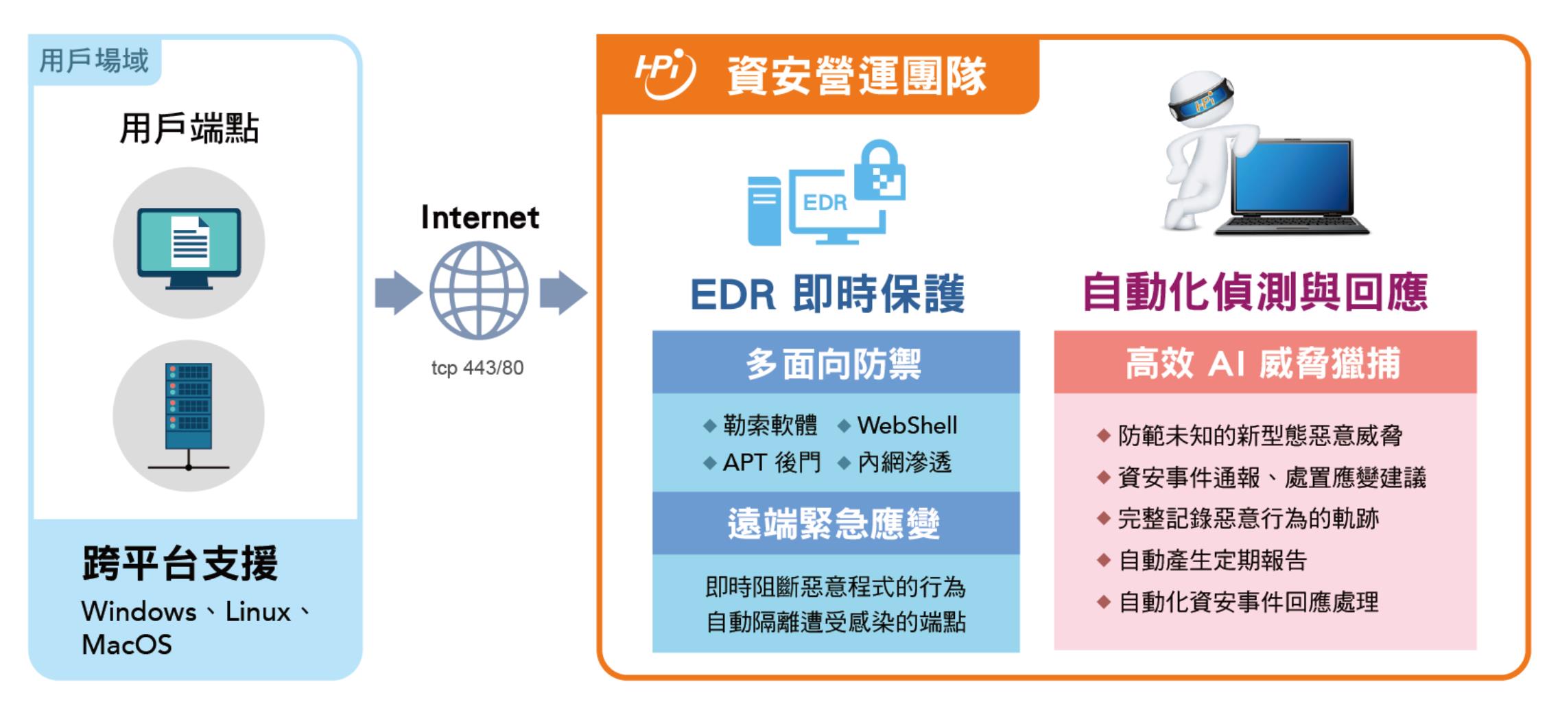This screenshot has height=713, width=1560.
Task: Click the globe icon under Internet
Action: click(479, 290)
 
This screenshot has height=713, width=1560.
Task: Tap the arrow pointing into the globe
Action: click(399, 293)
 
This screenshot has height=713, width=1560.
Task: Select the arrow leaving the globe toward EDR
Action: click(563, 293)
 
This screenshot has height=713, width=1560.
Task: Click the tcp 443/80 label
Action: click(477, 368)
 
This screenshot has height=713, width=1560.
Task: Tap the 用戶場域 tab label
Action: click(94, 60)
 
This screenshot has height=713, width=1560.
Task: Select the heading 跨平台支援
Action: click(180, 563)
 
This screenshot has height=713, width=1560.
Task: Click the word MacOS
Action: click(127, 644)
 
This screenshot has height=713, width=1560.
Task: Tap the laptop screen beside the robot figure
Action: click(1292, 174)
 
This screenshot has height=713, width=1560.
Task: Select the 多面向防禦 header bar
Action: click(836, 362)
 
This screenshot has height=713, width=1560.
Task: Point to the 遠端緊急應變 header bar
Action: click(836, 524)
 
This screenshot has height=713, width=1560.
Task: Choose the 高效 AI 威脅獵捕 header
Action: click(1264, 362)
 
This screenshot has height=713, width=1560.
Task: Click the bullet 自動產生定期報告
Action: click(1213, 561)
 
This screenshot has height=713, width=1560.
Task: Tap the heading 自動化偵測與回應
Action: click(1255, 292)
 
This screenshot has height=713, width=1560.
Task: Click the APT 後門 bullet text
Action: click(772, 463)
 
